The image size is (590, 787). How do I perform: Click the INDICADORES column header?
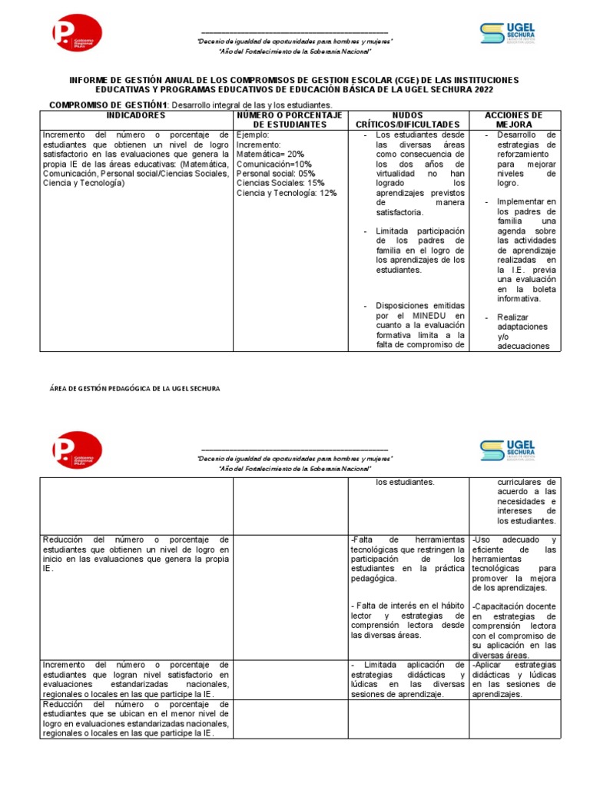136,115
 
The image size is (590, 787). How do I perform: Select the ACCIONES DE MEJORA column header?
514,119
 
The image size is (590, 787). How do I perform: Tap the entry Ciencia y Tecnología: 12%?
287,193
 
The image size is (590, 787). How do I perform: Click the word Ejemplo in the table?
253,134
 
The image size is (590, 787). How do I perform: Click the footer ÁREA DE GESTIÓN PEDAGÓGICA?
130,389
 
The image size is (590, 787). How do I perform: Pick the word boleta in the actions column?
542,289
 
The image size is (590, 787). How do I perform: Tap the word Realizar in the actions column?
513,317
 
